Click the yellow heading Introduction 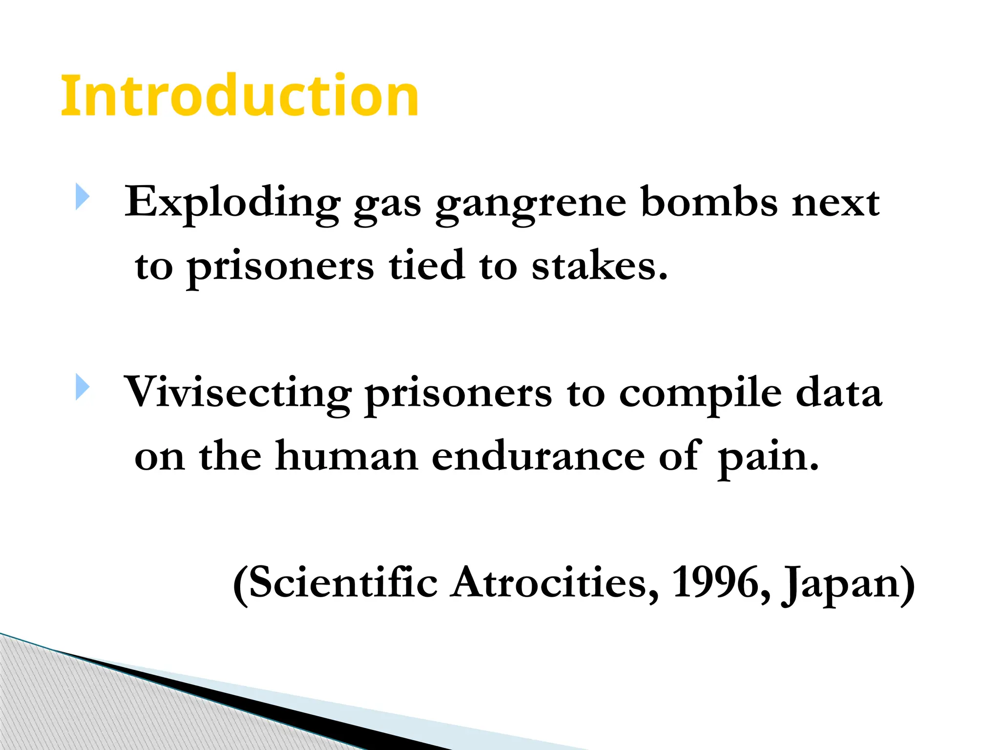pos(239,96)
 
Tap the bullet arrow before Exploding pos(83,197)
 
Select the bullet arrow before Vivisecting pos(83,387)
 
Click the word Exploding pos(232,203)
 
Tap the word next pos(836,203)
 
